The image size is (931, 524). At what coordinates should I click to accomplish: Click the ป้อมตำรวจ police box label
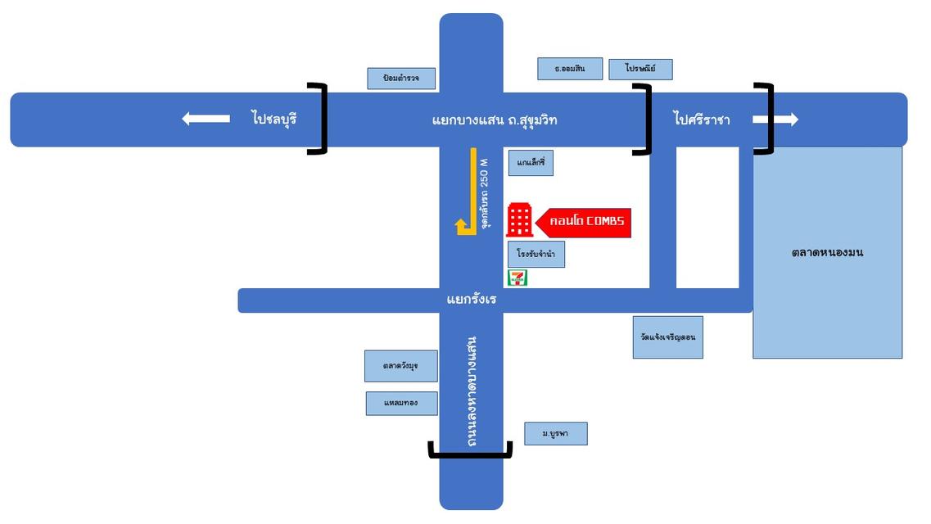401,79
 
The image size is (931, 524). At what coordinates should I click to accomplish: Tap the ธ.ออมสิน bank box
570,69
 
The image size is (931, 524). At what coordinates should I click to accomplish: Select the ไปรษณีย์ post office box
640,69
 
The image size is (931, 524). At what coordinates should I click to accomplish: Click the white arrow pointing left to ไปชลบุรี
206,120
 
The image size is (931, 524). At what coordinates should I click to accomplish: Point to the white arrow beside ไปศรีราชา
775,120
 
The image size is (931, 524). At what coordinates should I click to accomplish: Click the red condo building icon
519,219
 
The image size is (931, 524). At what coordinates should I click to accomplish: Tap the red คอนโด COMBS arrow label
584,222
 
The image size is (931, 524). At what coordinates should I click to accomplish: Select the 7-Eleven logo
517,278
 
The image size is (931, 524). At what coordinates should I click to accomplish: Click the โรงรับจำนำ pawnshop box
536,255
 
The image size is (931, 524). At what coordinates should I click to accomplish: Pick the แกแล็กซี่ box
531,162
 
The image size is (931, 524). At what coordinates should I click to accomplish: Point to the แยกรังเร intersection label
472,300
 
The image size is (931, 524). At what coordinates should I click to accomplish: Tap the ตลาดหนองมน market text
827,252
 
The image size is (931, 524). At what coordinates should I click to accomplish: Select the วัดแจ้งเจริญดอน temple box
667,337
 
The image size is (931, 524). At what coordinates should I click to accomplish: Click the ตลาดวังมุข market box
400,366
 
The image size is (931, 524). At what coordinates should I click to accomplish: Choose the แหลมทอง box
401,403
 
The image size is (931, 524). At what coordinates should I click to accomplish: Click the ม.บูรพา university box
555,434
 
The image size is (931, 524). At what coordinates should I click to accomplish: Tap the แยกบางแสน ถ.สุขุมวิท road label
495,120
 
